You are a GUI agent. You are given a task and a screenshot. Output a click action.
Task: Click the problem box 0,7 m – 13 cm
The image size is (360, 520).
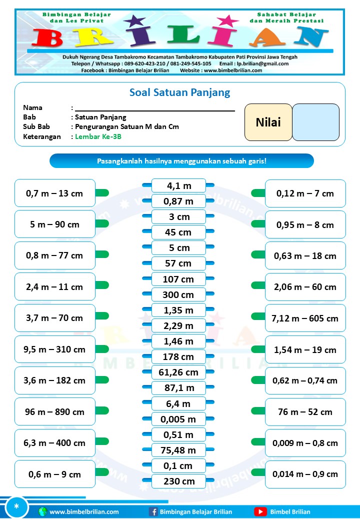tap(55, 193)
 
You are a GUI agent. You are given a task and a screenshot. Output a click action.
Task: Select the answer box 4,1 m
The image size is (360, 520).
tap(178, 185)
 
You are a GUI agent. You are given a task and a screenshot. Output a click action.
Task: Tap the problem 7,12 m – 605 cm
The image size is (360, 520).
tap(305, 318)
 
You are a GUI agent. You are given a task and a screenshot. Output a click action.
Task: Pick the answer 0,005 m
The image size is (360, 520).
tap(178, 419)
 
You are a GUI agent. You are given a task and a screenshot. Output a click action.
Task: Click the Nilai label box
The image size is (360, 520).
tap(268, 122)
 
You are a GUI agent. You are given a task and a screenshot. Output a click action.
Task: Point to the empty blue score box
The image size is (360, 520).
tap(315, 122)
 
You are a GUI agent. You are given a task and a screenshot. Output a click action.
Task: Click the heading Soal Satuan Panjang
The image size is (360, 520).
tap(179, 92)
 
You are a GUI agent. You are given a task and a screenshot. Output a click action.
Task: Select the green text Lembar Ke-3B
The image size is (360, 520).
tap(98, 136)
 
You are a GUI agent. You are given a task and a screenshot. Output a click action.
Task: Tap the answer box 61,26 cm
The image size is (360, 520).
tap(178, 372)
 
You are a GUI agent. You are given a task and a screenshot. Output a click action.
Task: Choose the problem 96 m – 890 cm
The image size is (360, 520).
tap(55, 412)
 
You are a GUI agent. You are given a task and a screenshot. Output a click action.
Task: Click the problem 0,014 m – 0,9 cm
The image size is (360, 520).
tap(305, 474)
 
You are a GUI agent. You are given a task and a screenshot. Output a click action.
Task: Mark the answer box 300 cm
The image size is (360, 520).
tap(178, 294)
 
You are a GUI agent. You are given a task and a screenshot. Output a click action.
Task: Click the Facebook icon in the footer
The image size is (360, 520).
tap(153, 511)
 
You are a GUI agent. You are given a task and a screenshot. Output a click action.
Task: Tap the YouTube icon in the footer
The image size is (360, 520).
tap(260, 511)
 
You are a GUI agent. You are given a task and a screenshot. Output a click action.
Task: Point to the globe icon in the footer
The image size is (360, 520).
tap(42, 511)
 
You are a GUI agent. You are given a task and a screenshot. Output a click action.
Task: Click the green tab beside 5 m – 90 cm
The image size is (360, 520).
tap(102, 223)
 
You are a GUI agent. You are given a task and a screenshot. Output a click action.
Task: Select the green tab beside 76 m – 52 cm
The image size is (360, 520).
tap(258, 411)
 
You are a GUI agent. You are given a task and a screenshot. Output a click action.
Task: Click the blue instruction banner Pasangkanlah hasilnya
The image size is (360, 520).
tap(181, 161)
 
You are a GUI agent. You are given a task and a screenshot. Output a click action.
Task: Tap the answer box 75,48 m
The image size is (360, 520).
tap(178, 450)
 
